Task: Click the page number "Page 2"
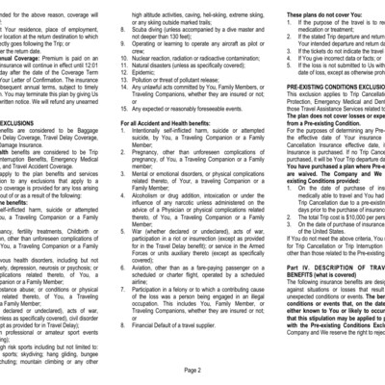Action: pos(192,370)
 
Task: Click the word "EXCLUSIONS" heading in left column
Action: pos(24,123)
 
